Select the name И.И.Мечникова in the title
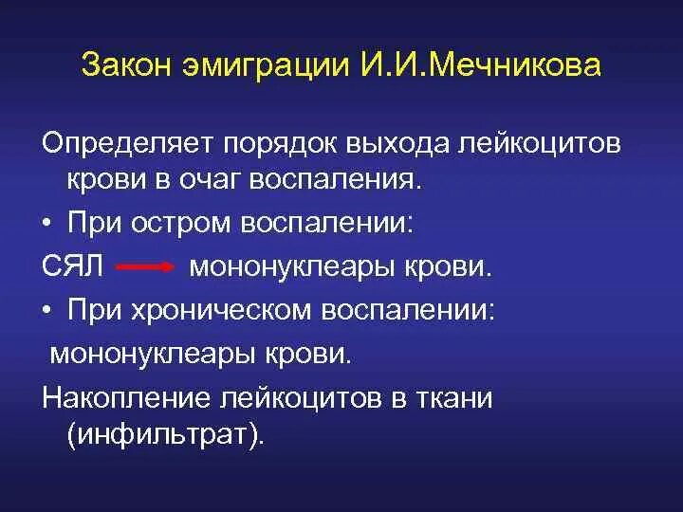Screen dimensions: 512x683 coord(480,67)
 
